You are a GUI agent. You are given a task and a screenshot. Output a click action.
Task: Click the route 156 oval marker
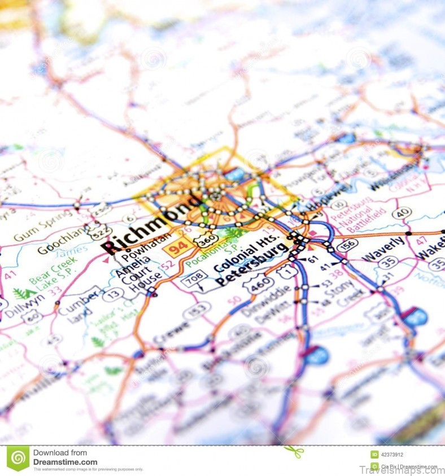[x=347, y=243]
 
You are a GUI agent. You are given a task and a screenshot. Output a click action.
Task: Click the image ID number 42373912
[x=392, y=454]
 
